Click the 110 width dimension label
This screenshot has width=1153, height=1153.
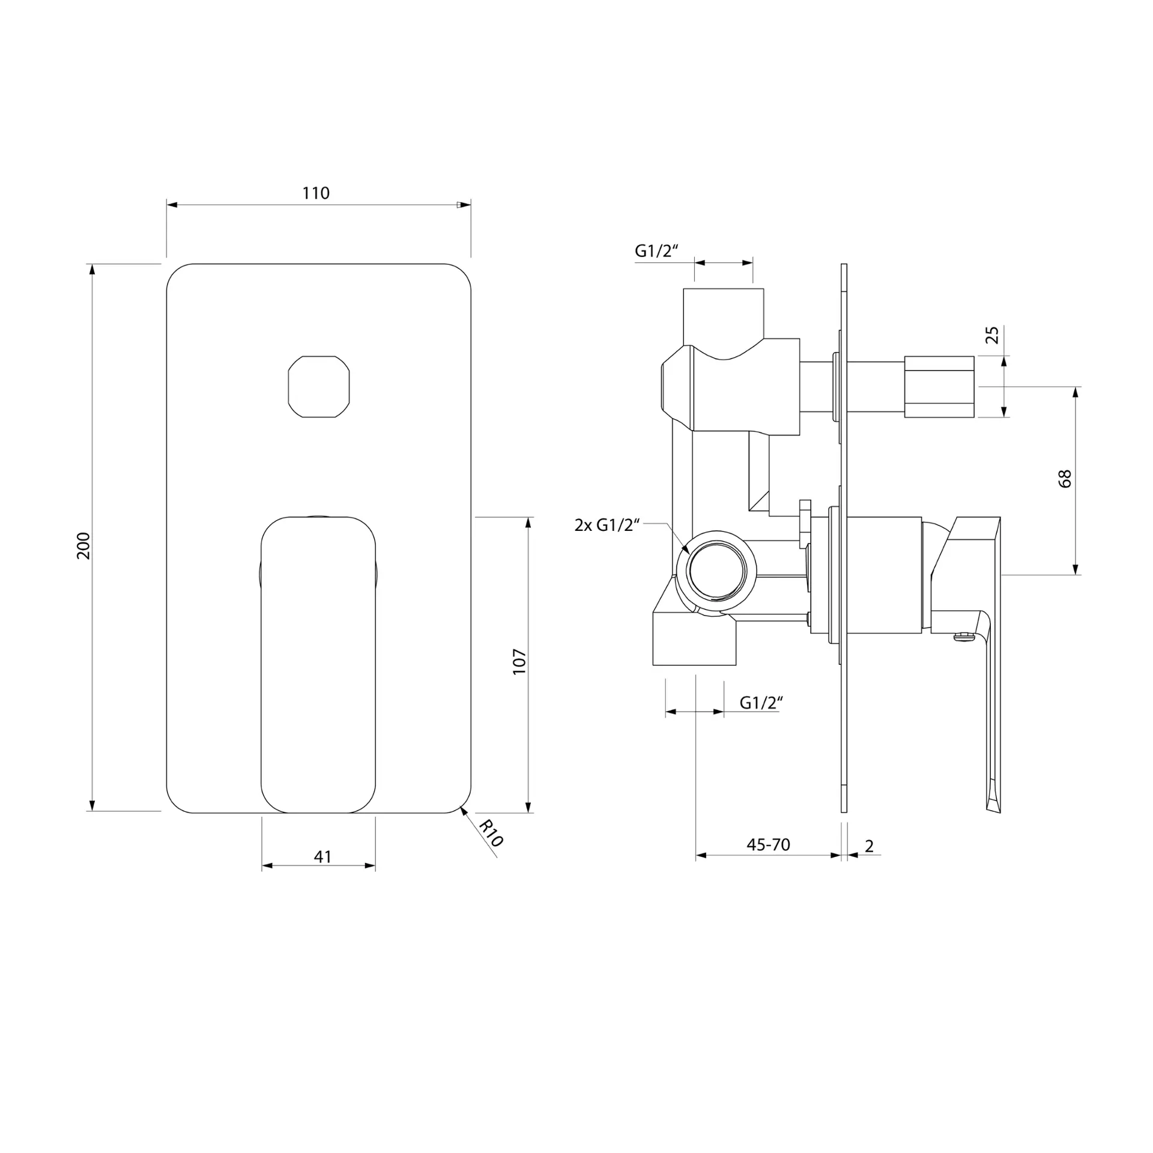pyautogui.click(x=316, y=193)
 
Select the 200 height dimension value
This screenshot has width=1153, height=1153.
pyautogui.click(x=83, y=545)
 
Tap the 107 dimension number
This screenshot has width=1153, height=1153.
pyautogui.click(x=519, y=661)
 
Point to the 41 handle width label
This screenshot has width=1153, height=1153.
pyautogui.click(x=322, y=856)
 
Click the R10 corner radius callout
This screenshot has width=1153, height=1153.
pyautogui.click(x=491, y=834)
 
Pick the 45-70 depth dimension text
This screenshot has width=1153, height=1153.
pyautogui.click(x=768, y=844)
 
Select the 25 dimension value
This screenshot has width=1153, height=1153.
pyautogui.click(x=993, y=334)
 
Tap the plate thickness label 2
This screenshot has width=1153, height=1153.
pyautogui.click(x=870, y=846)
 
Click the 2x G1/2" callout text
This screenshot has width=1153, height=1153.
pyautogui.click(x=607, y=525)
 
